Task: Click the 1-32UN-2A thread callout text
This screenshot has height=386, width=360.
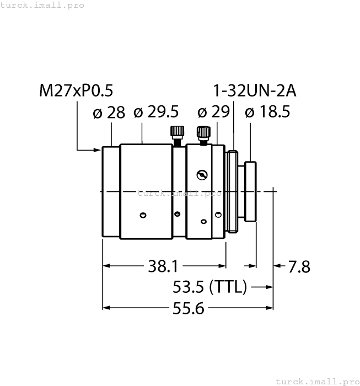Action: [254, 90]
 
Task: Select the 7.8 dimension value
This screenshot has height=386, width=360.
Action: [299, 267]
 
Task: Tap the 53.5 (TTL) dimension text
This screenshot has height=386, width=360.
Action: [209, 287]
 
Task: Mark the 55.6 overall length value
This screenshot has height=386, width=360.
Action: [189, 308]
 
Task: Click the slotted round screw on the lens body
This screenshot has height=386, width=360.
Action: [202, 175]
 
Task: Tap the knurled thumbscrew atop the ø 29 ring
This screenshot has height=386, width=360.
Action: [203, 133]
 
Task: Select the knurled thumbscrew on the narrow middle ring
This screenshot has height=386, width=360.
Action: [177, 135]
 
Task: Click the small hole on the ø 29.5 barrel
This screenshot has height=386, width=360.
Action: [143, 215]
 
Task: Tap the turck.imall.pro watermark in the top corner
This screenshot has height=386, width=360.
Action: [42, 5]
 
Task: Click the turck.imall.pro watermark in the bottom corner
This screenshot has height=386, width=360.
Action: [316, 381]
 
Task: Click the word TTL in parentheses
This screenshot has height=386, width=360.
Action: [228, 287]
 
